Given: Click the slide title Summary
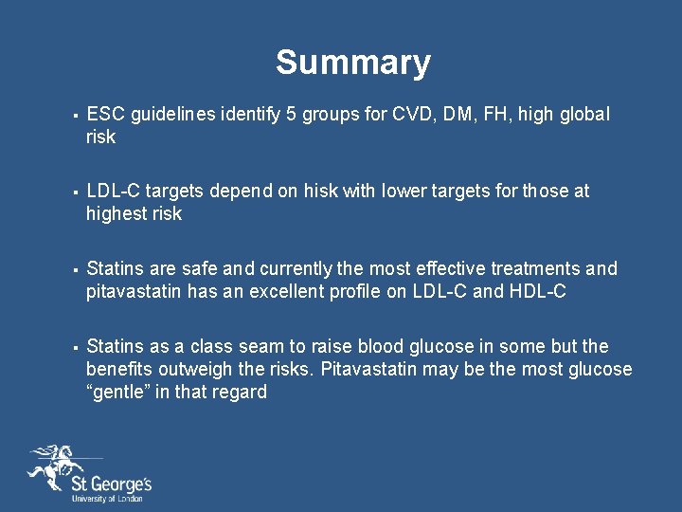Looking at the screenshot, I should point(352,63).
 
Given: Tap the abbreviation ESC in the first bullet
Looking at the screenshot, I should point(105,115).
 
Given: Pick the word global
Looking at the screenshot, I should point(584,115).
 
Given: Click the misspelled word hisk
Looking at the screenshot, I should point(320,192).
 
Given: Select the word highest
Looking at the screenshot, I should point(117,214).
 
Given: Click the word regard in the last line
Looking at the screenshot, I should point(240,393).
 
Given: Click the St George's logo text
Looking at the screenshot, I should point(111,486).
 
